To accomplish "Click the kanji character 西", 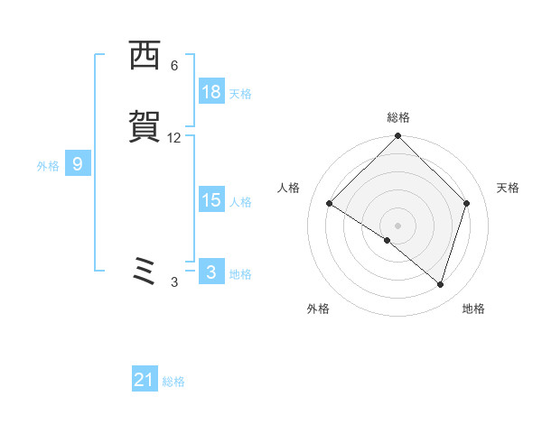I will pos(145,57).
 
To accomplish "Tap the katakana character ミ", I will pos(145,272).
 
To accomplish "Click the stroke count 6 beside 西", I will pos(174,66).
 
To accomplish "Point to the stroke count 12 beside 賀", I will pos(174,138).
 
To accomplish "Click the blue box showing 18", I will pos(211,92).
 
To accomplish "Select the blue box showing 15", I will pos(211,200).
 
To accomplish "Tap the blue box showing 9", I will pos(78,164).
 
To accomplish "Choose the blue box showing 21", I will pos(145,381).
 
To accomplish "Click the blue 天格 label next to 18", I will pos(240,94).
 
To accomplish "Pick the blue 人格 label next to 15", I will pos(240,202).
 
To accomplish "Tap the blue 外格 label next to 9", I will pos(48,166).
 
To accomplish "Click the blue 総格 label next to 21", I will pos(173,383).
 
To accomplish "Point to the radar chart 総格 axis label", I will pos(398,117).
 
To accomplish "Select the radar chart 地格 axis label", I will pos(473,309).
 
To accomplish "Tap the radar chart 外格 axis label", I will pos(318,309).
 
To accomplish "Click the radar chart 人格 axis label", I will pos(289,188).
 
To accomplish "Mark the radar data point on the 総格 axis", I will pos(398,137).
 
